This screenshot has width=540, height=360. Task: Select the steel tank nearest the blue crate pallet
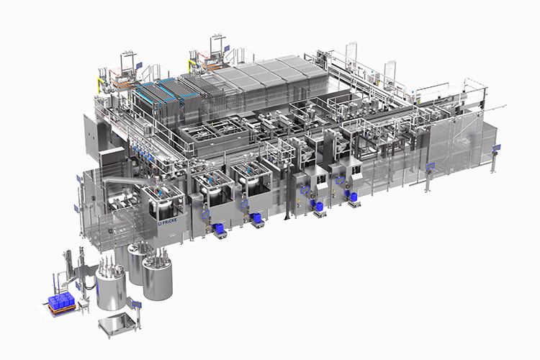point(111,287)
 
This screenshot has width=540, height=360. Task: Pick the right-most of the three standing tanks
point(156,277)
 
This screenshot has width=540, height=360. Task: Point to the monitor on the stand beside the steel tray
point(136,305)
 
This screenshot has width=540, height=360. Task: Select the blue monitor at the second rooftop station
point(227,48)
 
